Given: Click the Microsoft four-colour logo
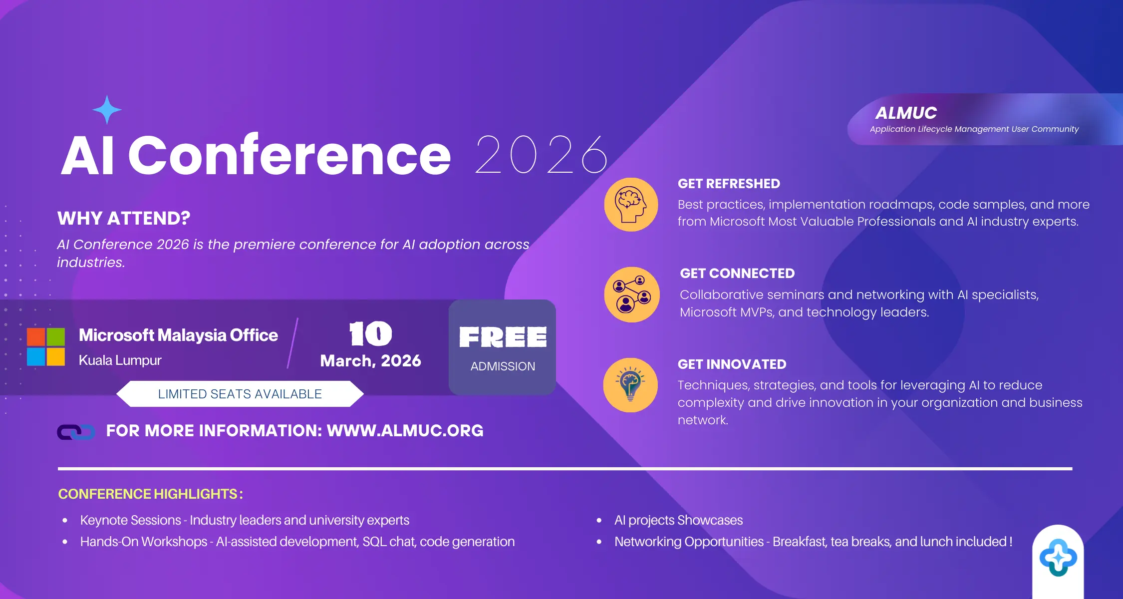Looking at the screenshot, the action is coord(46,347).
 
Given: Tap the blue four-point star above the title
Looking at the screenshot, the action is coord(107,110).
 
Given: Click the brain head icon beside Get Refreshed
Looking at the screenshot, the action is coord(631,205).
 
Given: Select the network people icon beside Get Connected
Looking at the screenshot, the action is coord(632,295).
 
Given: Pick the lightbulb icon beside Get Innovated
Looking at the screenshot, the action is coord(631,385).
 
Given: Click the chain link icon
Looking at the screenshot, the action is coord(76,432).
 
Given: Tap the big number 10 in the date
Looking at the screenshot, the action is coord(371,333).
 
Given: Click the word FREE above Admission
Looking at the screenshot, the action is coord(503,337).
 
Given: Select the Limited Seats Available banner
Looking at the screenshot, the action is coord(240,394).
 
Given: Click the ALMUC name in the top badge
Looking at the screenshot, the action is coord(906,113).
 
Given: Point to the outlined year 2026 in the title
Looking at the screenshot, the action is coord(541,155).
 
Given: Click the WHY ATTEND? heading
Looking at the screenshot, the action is coord(124,218).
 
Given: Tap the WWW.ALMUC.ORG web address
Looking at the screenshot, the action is coord(405,431).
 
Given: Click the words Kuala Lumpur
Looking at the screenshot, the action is coord(120,360).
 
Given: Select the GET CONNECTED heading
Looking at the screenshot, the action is coord(737,274).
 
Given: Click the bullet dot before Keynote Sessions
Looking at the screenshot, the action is coord(65,521).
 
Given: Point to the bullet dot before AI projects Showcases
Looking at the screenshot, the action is coord(599,521).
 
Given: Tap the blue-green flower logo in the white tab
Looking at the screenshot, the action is coord(1058,558).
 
